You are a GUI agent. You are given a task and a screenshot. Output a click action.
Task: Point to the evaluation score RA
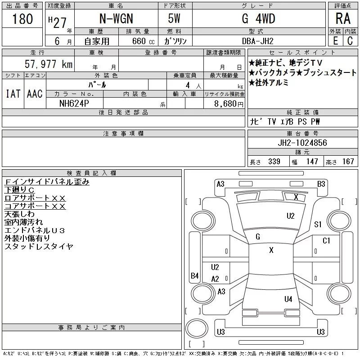coord(343,19)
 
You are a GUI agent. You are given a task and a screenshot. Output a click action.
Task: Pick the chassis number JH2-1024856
coord(302,143)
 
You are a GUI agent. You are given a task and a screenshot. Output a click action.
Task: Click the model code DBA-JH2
coord(258,41)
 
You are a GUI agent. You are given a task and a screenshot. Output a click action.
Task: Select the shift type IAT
coord(13,94)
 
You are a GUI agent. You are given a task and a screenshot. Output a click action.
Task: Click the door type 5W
coord(175,19)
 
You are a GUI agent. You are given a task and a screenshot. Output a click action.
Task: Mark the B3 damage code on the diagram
coord(321,184)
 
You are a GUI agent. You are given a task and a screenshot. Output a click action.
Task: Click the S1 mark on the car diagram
coord(318,225)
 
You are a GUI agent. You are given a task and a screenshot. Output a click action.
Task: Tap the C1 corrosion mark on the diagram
coord(327,241)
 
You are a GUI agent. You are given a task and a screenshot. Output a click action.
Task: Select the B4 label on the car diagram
coord(194,276)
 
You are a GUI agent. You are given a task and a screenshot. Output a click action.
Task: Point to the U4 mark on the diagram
coord(288,299)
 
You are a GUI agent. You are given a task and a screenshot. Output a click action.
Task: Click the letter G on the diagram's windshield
coord(258,236)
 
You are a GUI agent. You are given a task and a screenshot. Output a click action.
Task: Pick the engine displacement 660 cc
coord(137,41)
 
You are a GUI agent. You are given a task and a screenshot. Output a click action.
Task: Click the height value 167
coord(348,162)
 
